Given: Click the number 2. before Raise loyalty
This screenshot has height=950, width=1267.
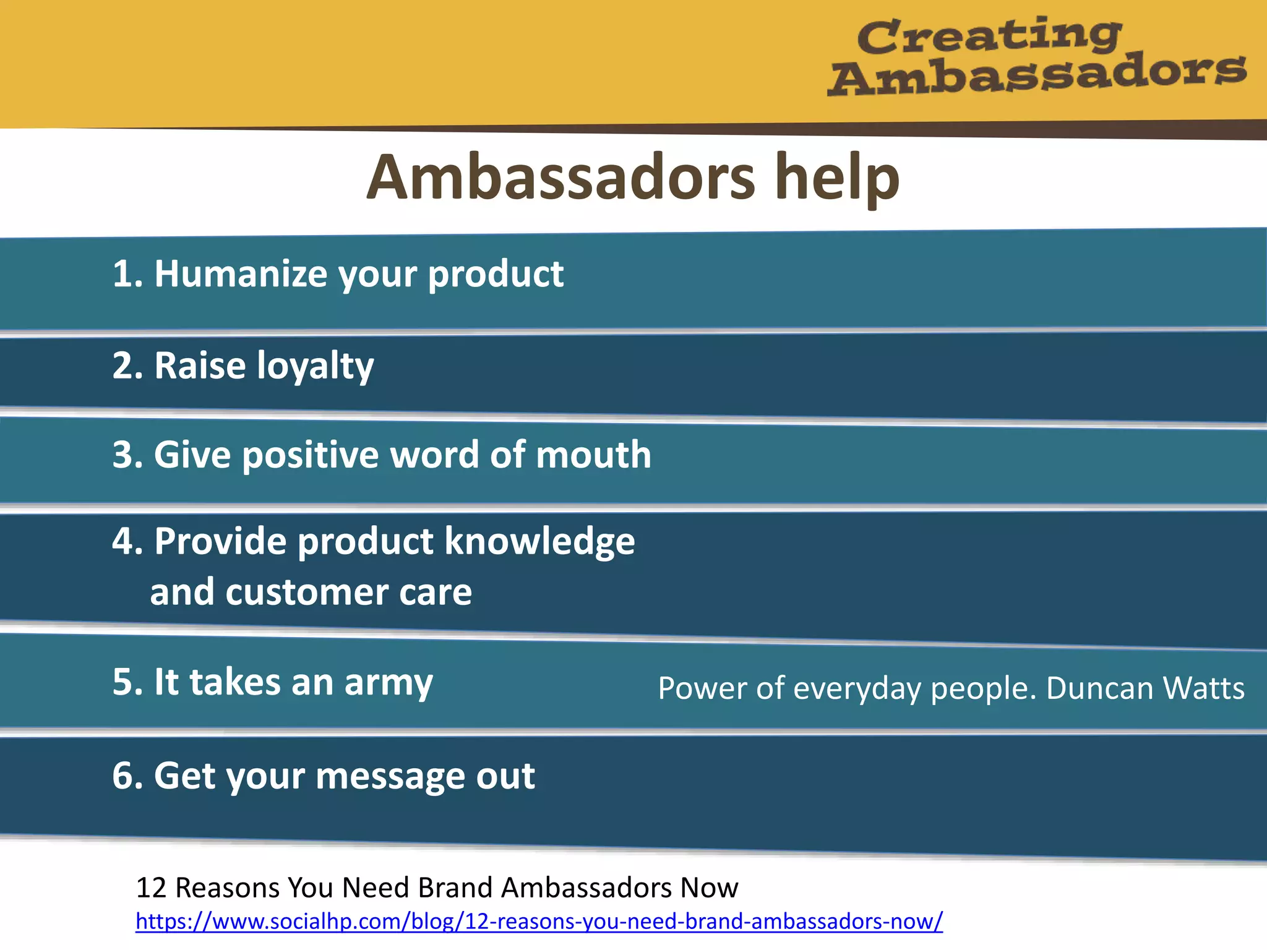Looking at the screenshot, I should (x=127, y=366).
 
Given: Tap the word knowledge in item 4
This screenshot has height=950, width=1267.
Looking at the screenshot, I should (x=539, y=542).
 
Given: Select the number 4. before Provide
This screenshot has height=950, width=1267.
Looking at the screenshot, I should (x=127, y=542).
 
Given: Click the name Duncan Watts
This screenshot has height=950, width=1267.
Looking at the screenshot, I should (x=1145, y=688).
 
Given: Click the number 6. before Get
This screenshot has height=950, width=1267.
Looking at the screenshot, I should (x=127, y=776).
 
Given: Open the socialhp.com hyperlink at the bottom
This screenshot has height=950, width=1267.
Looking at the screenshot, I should (x=539, y=922).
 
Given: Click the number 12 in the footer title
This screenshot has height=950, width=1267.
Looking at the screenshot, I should (x=151, y=888).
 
